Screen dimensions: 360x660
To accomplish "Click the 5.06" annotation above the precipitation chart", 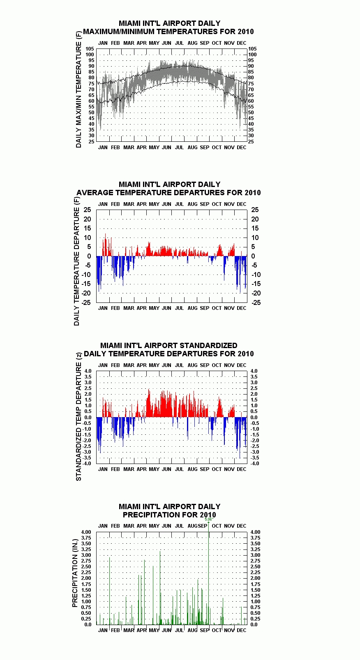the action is tap(209, 519).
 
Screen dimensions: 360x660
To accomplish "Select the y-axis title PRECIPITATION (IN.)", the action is tap(75, 573).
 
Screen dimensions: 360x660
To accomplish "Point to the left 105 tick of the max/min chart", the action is tap(90, 49).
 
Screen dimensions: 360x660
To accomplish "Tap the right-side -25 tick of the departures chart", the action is tap(256, 302).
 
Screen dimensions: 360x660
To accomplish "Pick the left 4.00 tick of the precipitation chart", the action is tap(86, 532).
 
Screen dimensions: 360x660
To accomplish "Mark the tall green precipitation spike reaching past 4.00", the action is tap(209, 573).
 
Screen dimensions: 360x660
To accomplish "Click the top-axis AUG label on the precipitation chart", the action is tap(192, 526).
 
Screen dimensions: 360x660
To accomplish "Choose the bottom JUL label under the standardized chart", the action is tap(180, 469).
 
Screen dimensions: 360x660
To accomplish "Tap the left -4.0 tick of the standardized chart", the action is tap(87, 464).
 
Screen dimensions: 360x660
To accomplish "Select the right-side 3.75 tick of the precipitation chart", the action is tap(256, 538).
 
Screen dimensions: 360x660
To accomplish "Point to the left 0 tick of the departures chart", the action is tap(89, 256).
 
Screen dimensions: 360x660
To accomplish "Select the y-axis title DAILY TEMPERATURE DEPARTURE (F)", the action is tap(76, 261).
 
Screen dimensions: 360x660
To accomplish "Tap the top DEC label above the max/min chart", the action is tap(242, 43).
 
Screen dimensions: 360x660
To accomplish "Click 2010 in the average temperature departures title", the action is tap(252, 193).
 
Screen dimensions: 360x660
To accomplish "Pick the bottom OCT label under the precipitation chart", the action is tap(217, 630).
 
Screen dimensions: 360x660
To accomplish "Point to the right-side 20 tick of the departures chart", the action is tap(255, 219).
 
